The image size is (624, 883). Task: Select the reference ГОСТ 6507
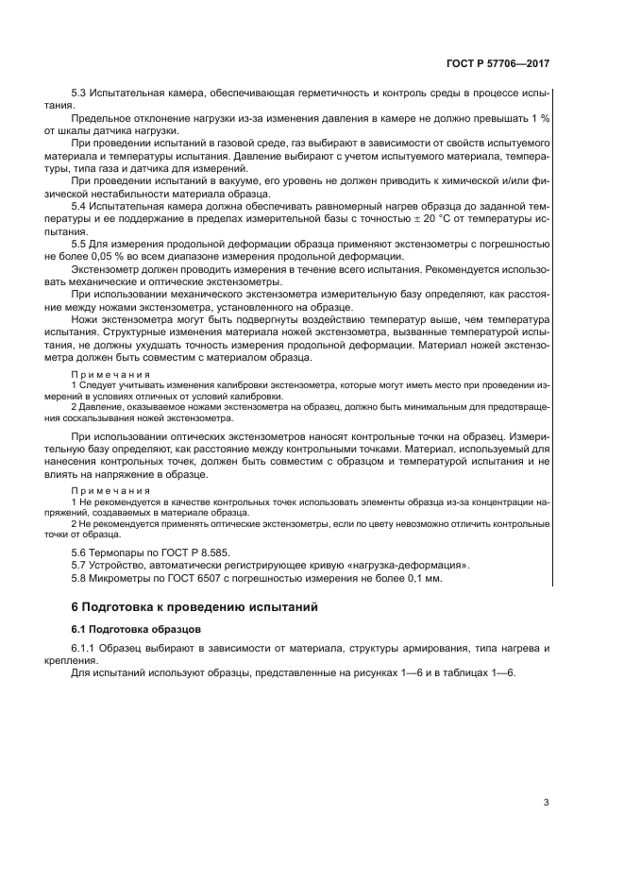194,577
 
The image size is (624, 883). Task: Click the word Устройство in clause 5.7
118,564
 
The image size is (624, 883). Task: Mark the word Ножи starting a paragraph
85,320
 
